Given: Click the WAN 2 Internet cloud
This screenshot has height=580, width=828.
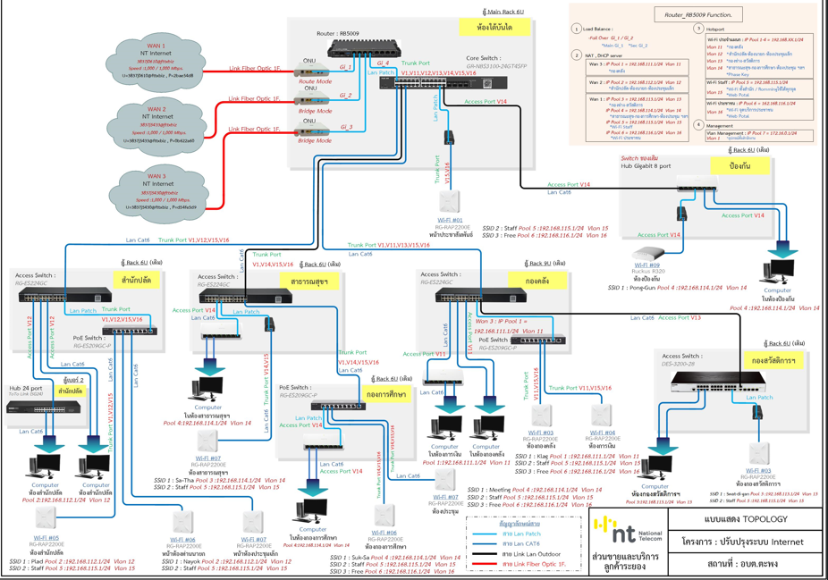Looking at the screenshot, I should coord(156,125).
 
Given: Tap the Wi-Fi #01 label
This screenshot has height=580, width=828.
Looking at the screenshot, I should coord(450,220).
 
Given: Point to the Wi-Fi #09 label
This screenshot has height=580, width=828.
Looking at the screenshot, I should coord(648,265).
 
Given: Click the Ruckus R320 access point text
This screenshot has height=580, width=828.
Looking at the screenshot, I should coord(648,272).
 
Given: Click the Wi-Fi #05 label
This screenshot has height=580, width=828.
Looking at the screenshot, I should coord(46,538).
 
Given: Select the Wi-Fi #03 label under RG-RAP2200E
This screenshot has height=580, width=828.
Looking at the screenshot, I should coord(541,433).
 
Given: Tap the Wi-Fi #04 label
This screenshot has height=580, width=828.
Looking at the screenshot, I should coord(603,433).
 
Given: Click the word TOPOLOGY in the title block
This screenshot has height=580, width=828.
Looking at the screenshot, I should coord(767,519).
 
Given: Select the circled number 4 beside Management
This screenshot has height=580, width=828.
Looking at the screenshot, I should coord(699,125).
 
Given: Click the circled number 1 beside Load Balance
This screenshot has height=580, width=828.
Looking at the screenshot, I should coord(577,29).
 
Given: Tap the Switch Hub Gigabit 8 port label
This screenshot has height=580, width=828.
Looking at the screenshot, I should coord(646,162).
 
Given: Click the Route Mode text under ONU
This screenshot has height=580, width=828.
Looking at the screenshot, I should coord(315,81).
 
